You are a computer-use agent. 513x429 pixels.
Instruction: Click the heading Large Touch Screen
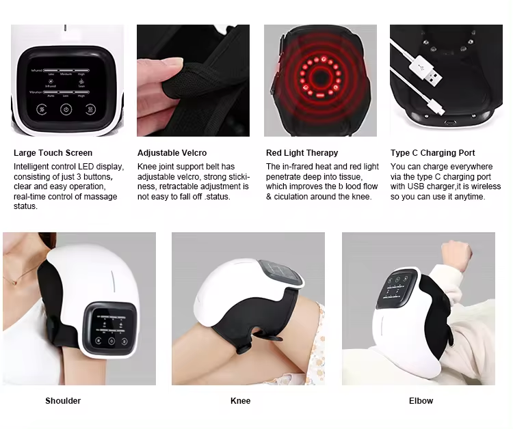tap(53, 153)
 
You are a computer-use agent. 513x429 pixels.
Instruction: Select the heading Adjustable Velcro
tap(172, 153)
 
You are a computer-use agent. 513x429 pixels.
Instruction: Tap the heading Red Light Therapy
tap(302, 153)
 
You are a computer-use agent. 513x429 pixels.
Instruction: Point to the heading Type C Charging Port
tap(432, 153)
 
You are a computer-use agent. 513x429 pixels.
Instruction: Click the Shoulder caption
tap(63, 401)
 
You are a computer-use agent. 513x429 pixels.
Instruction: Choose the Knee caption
tap(240, 401)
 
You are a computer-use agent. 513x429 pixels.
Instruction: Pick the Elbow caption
tap(421, 401)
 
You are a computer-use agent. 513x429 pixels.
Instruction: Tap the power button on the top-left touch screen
tap(66, 109)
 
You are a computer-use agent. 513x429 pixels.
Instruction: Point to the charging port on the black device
tap(449, 123)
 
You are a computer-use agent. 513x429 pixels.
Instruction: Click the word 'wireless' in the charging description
tap(484, 186)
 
